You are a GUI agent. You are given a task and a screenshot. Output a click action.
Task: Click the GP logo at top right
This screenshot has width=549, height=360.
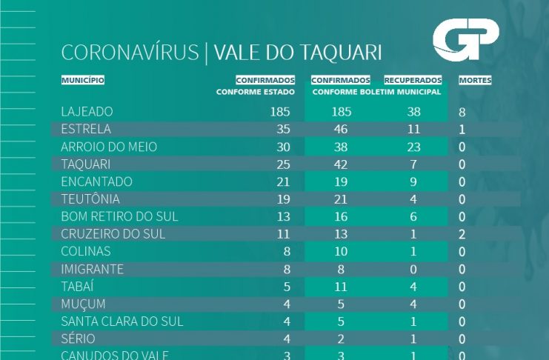(465, 40)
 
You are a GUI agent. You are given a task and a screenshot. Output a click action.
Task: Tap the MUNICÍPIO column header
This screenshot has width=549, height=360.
(82, 80)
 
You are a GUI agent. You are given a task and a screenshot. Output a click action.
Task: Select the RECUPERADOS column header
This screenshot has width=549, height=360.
(413, 80)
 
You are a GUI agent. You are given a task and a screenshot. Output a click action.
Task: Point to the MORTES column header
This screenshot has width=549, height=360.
(475, 80)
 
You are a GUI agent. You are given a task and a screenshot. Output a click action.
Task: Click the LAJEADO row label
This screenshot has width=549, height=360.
(87, 112)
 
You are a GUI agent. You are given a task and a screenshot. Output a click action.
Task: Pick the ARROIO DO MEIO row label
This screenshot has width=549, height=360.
(109, 147)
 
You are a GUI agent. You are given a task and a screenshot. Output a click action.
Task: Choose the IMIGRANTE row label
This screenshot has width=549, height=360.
(92, 269)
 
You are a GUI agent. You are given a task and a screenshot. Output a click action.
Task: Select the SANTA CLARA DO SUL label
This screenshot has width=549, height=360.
(122, 321)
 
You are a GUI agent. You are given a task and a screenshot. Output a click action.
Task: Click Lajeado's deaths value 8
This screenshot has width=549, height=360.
(462, 113)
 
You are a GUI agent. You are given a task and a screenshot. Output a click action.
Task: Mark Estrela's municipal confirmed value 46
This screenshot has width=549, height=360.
(341, 130)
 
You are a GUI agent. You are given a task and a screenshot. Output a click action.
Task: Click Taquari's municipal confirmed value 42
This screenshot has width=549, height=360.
(341, 164)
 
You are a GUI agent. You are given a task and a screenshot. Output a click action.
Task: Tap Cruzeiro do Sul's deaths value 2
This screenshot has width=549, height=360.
(462, 234)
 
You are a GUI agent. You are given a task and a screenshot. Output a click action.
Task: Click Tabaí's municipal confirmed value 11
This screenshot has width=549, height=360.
(341, 287)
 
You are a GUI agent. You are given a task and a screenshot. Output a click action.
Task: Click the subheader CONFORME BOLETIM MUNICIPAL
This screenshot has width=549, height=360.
(376, 93)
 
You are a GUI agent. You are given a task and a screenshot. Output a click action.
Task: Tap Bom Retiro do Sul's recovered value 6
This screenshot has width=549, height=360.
(413, 217)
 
